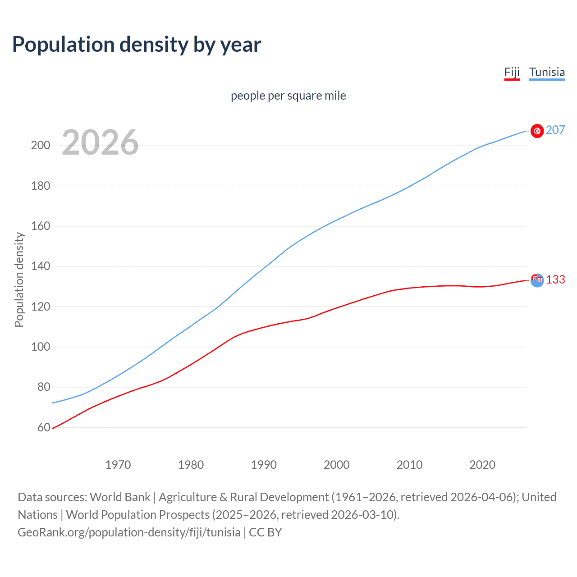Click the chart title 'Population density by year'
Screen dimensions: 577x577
[x=137, y=45]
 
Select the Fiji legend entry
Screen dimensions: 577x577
[x=512, y=73]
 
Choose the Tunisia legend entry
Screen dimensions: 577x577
[x=547, y=73]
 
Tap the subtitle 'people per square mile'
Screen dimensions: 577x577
[x=288, y=96]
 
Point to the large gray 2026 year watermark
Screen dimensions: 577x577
[x=100, y=142]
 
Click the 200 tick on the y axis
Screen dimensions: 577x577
[x=40, y=146]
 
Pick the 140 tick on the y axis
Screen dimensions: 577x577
[x=40, y=266]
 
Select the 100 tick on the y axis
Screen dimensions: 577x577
[x=40, y=347]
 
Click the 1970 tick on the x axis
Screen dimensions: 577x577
[x=118, y=465]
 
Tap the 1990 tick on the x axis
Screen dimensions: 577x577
[x=264, y=465]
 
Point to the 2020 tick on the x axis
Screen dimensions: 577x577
[x=482, y=465]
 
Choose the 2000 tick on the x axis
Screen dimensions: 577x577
[x=337, y=465]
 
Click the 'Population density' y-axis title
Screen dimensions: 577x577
[x=19, y=279]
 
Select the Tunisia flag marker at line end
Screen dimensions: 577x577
[x=537, y=131]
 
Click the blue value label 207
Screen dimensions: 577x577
[x=555, y=130]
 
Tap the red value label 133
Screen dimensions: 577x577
[x=555, y=280]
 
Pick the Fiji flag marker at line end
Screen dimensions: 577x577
[x=537, y=280]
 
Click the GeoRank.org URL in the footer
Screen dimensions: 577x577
[x=129, y=532]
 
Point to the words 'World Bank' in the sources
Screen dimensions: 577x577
[x=120, y=497]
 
